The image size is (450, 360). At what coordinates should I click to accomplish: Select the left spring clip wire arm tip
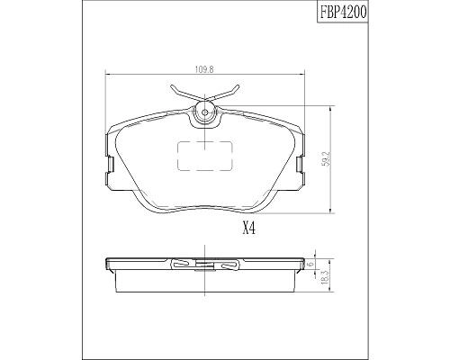click(x=169, y=86)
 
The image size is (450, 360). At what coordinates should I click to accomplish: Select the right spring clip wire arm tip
click(x=238, y=87)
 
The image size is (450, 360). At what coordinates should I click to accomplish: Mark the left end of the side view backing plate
click(x=106, y=265)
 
